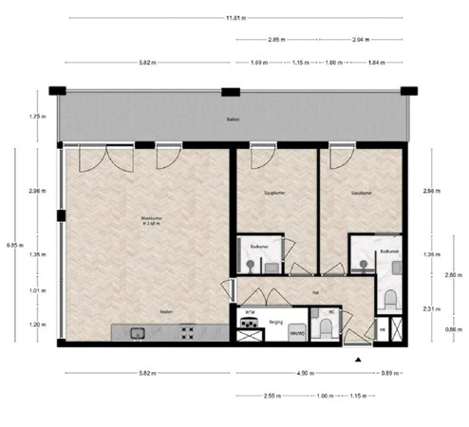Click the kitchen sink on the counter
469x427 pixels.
tap(135, 332)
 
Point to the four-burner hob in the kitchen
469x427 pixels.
tap(186, 332)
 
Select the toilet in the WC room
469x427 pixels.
tap(326, 328)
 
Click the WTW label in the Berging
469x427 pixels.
tap(250, 311)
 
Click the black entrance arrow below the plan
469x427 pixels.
tap(359, 361)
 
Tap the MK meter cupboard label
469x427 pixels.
tap(382, 329)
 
